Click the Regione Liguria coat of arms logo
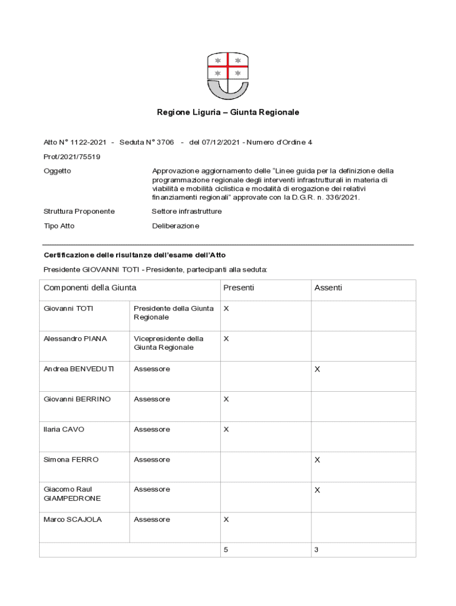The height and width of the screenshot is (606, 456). (x=228, y=75)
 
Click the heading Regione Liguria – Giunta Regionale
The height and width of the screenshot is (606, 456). (x=228, y=112)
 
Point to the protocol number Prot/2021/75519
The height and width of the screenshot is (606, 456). (x=72, y=157)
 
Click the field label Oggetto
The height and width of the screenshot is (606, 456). (x=57, y=171)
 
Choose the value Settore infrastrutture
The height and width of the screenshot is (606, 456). (x=187, y=211)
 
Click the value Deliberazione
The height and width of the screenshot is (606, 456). (x=176, y=226)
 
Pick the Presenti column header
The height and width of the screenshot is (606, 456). (x=239, y=288)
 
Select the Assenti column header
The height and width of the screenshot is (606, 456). (x=328, y=288)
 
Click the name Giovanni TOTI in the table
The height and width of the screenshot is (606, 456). (x=69, y=308)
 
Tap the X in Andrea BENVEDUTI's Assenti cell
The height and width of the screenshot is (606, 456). (x=317, y=369)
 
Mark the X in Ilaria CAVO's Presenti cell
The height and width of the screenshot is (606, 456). (x=226, y=430)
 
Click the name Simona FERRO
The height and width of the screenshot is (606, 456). (x=71, y=460)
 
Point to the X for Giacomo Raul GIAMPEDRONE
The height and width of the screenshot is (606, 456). (x=317, y=490)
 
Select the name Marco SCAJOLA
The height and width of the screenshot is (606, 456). (x=73, y=520)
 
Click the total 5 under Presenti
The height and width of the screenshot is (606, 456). (x=226, y=550)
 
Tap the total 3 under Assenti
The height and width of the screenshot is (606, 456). (x=316, y=550)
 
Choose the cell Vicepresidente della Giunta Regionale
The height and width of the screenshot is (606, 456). (x=169, y=343)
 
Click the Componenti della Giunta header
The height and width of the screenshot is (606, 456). (x=90, y=288)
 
